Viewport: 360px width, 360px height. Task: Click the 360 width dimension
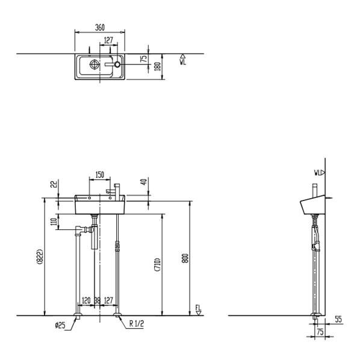(100, 27)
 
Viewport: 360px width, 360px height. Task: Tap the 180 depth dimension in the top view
(158, 66)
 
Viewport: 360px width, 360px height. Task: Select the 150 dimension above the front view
(100, 175)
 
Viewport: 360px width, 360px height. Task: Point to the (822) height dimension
(40, 256)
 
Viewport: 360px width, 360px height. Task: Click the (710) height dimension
(158, 265)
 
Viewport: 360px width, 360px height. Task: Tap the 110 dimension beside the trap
(54, 222)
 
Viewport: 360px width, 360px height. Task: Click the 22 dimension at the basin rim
(54, 184)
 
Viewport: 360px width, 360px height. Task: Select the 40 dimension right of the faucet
(143, 182)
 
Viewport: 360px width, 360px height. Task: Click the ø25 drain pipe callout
(60, 325)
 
